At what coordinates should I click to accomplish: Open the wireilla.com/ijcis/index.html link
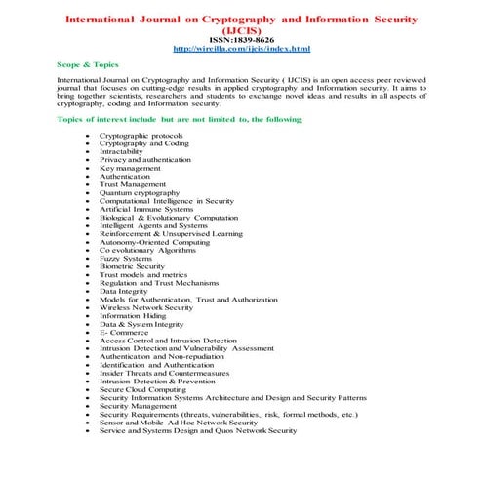pos(240,48)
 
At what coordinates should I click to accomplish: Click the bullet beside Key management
pos(89,168)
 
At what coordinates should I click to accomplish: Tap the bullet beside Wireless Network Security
pos(89,306)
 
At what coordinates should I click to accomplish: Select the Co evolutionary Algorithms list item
pos(147,249)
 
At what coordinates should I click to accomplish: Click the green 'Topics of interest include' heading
pos(179,119)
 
